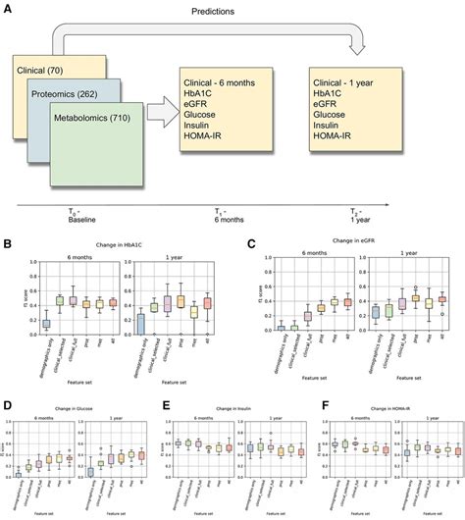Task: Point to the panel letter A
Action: tap(9, 8)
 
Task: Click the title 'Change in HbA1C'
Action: tap(125, 243)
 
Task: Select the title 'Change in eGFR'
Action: tap(348, 242)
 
